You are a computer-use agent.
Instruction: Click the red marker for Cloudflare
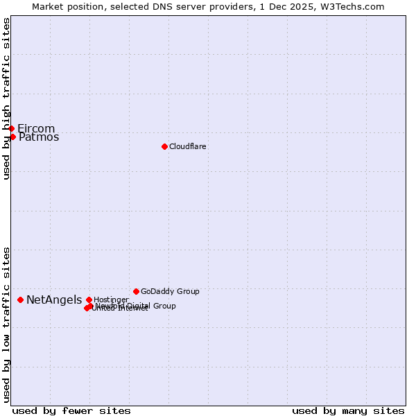coord(164,146)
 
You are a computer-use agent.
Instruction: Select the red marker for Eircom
coord(11,128)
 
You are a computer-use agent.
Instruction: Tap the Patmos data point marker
coord(12,137)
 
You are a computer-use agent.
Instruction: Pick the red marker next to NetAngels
coord(21,300)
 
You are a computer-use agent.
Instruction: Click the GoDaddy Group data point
coord(136,291)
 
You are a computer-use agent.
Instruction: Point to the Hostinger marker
coord(89,300)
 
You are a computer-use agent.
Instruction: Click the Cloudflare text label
coord(188,146)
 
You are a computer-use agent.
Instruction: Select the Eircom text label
coord(36,128)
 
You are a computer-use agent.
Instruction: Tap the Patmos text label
coord(39,137)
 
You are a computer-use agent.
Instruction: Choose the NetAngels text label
coord(54,300)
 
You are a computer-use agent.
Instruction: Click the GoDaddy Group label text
coord(170,291)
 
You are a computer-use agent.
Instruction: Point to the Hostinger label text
coord(111,300)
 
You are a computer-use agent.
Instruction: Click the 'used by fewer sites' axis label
coord(71,410)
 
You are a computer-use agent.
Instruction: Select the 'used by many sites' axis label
coord(348,410)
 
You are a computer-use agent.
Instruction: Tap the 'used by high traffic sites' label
coord(7,98)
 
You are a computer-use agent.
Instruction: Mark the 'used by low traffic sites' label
coord(7,324)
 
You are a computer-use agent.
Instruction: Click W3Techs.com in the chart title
coord(354,6)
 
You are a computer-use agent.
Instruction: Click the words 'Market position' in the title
coord(67,6)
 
